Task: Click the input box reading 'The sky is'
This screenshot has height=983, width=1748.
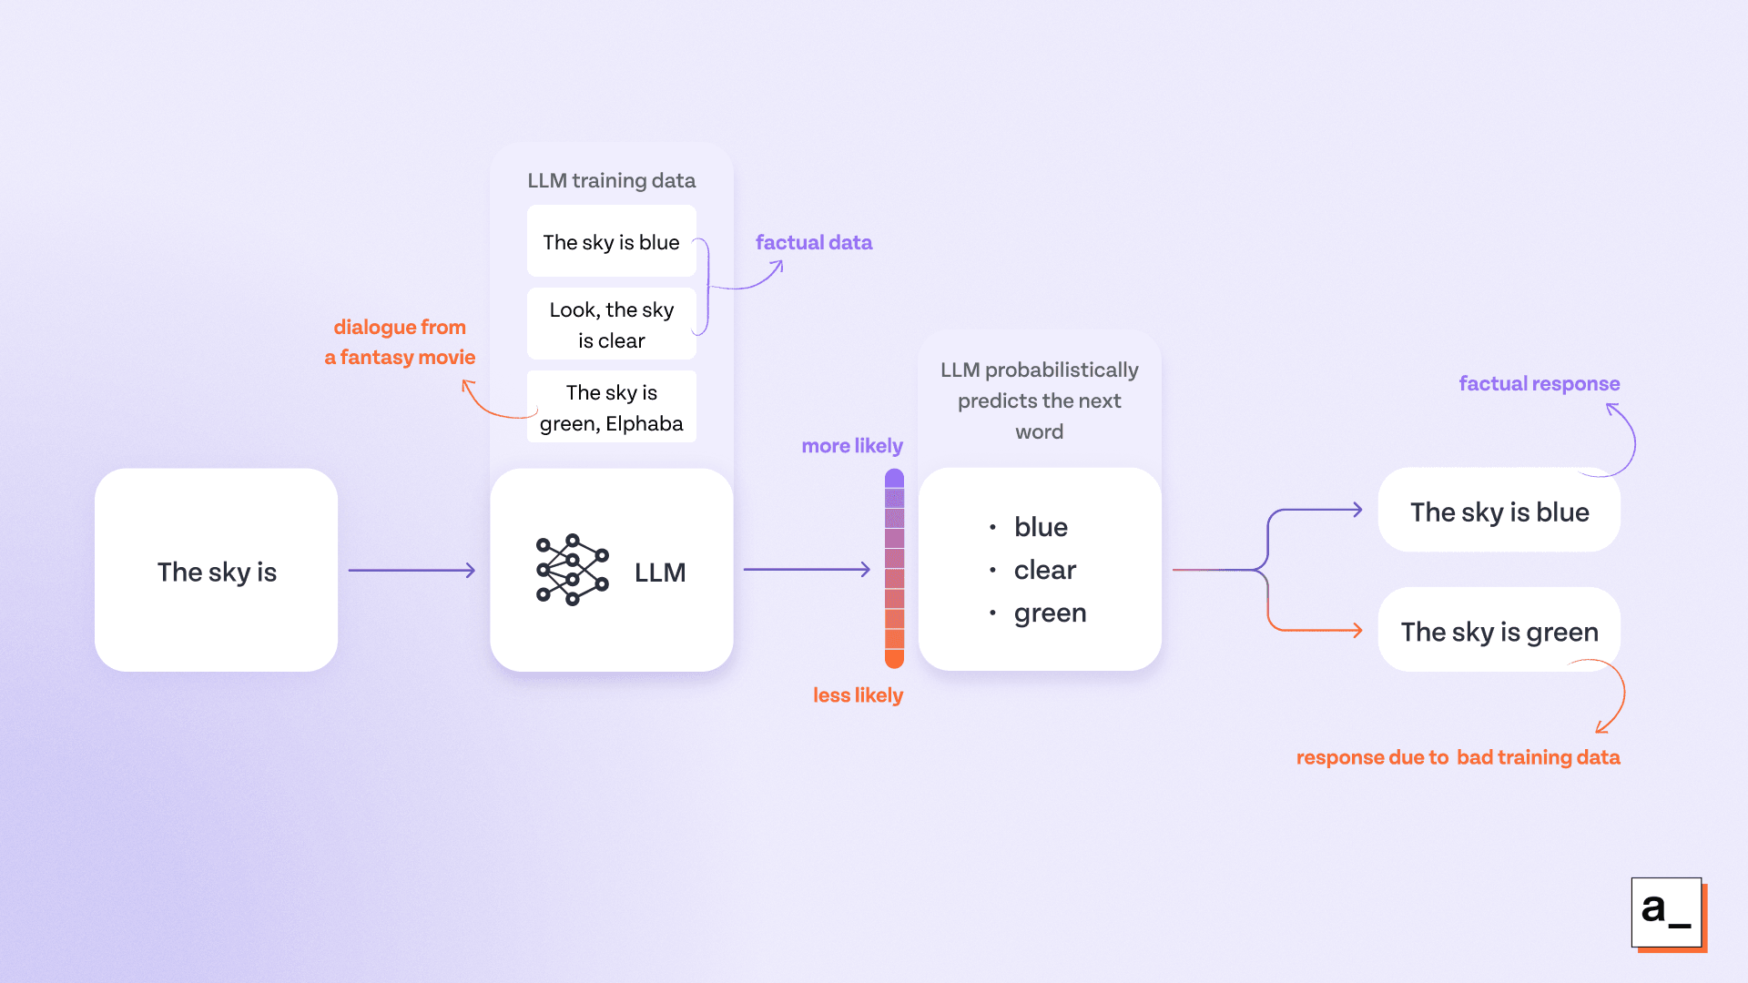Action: [x=216, y=571]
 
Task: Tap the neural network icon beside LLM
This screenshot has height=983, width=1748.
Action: [x=572, y=570]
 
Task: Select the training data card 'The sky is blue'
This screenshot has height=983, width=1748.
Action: [x=611, y=242]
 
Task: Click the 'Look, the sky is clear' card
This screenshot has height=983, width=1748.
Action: [x=611, y=325]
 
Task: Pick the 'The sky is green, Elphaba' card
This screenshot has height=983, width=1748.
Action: [x=611, y=408]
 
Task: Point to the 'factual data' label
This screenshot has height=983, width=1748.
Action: [x=813, y=242]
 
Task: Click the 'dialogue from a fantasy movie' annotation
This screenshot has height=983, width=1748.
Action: [x=400, y=341]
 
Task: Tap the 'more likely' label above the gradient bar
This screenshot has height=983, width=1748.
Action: [x=851, y=445]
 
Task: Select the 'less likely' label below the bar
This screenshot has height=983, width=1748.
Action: [x=857, y=694]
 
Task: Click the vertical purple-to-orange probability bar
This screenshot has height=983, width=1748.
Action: [x=894, y=569]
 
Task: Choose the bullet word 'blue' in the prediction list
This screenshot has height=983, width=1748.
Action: [x=1041, y=527]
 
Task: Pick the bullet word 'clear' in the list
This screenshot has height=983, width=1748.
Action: [x=1044, y=570]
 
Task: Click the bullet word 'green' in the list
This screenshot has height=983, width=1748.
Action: [x=1050, y=613]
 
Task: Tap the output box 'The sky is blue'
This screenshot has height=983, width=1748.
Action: [x=1499, y=512]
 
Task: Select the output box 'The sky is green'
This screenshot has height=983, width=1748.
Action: [x=1499, y=631]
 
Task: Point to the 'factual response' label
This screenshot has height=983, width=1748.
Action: [x=1539, y=383]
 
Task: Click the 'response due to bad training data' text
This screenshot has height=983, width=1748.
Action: [x=1458, y=756]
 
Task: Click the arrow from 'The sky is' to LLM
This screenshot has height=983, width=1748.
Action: [x=412, y=571]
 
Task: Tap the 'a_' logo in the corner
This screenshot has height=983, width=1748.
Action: [x=1666, y=912]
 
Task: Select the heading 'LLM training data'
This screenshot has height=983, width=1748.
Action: [x=611, y=180]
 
